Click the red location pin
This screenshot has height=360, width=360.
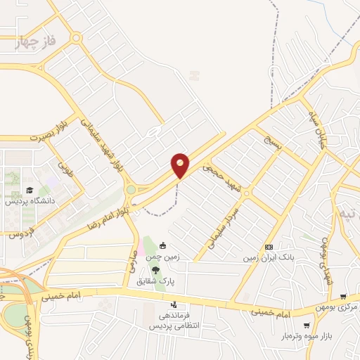180,165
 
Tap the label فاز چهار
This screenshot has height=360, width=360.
34,43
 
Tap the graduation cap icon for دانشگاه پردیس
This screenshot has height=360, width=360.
30,190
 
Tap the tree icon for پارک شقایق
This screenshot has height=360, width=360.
155,271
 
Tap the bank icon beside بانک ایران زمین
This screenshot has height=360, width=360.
269,247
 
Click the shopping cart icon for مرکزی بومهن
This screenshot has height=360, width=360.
342,297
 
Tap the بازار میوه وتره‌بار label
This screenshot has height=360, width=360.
307,337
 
